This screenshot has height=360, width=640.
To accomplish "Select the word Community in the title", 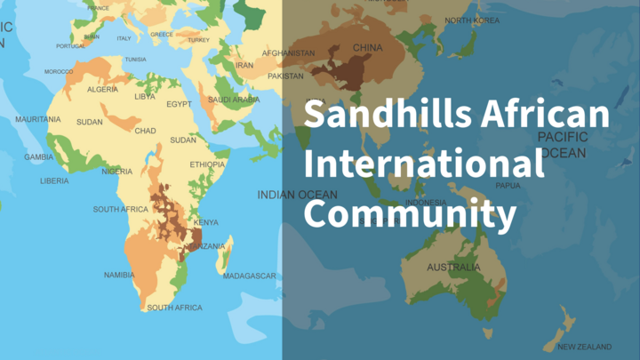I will [x=410, y=214].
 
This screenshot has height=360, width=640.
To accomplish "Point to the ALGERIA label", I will [x=102, y=90].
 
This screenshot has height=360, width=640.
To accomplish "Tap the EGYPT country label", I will [x=179, y=104].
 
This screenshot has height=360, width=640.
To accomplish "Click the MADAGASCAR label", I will [x=250, y=276].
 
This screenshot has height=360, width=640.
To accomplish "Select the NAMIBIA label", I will [x=119, y=275].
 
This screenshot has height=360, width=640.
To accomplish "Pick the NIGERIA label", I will [x=117, y=172].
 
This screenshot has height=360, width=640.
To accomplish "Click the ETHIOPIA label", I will [x=207, y=164].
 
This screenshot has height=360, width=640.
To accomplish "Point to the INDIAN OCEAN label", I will [x=297, y=195].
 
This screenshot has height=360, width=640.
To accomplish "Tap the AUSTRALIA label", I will [x=453, y=267].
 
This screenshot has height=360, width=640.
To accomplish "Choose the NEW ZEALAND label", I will [x=584, y=346].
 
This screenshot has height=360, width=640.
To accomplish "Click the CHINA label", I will [x=368, y=47].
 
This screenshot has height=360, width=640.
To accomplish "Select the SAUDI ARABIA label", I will [x=234, y=100].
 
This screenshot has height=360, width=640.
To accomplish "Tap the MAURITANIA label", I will [x=38, y=119].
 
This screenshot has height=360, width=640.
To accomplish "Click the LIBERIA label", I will [x=54, y=180].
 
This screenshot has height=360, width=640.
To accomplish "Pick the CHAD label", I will [x=145, y=131].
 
